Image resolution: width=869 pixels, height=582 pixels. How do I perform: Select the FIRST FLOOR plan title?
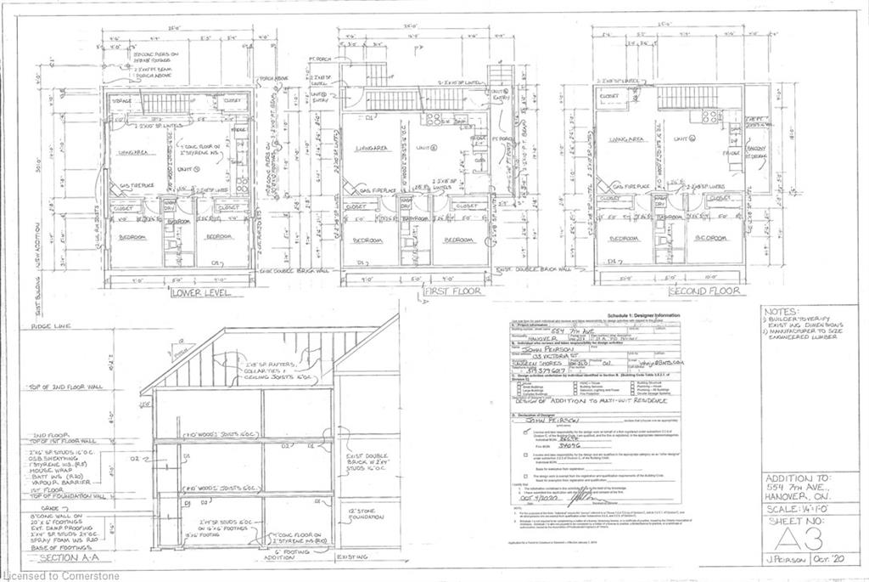pyautogui.click(x=451, y=291)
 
